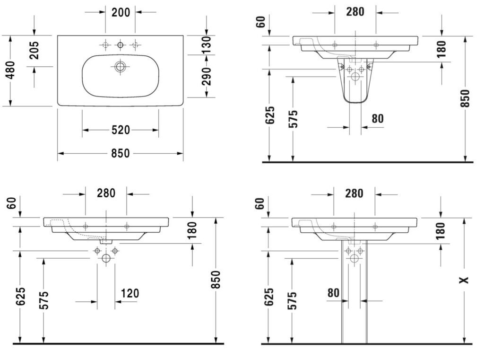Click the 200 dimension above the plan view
click(x=121, y=12)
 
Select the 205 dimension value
click(x=34, y=50)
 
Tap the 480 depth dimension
click(x=10, y=70)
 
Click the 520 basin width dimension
click(x=121, y=130)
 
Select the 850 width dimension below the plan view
click(x=121, y=153)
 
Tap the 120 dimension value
click(x=130, y=293)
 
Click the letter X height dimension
click(x=465, y=280)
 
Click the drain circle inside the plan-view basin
click(x=120, y=66)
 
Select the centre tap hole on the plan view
click(x=120, y=45)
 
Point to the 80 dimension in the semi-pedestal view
click(x=378, y=118)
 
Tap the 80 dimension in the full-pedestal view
click(x=333, y=292)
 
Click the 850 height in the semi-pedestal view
click(x=465, y=98)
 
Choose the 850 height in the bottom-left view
click(x=216, y=280)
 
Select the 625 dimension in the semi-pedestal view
click(x=270, y=115)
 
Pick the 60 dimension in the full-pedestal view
click(x=260, y=204)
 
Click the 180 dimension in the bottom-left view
click(x=192, y=230)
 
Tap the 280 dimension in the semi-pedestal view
click(x=355, y=11)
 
